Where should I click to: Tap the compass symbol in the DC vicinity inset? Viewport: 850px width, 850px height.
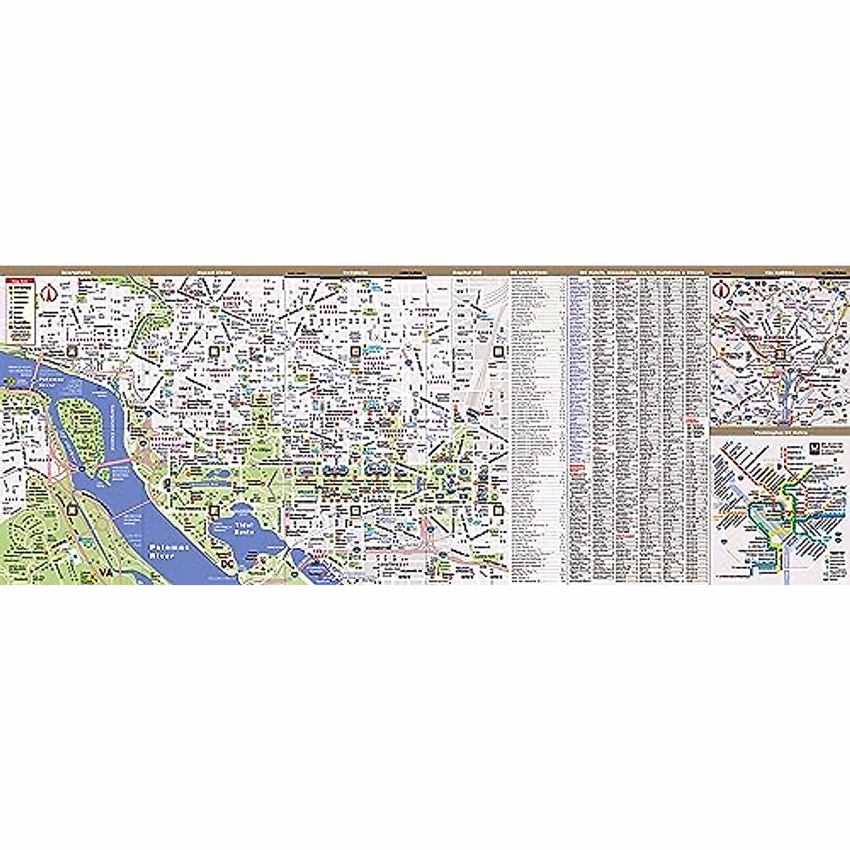tap(721, 289)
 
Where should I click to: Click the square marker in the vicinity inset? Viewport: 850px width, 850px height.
tap(780, 355)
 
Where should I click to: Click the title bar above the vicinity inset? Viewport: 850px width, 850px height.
tap(779, 271)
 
